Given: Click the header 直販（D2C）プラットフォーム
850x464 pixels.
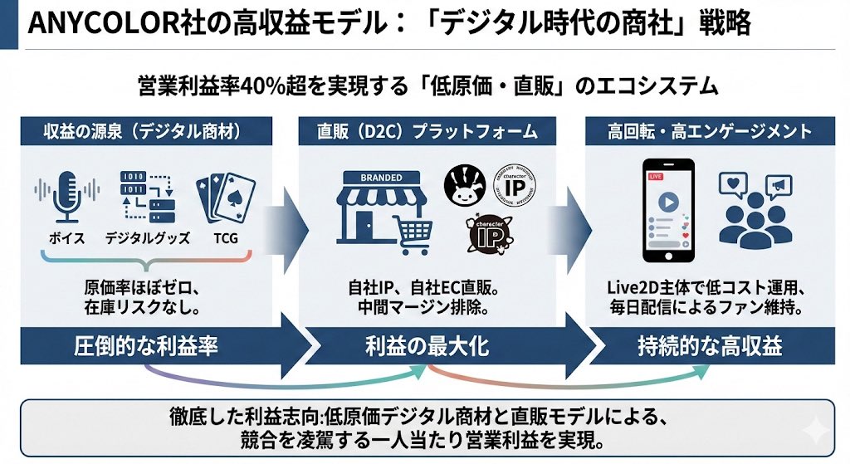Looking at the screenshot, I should pyautogui.click(x=427, y=132).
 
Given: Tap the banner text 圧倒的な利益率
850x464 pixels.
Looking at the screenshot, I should pyautogui.click(x=146, y=347).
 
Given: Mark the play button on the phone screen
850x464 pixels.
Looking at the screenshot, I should pyautogui.click(x=668, y=202).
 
